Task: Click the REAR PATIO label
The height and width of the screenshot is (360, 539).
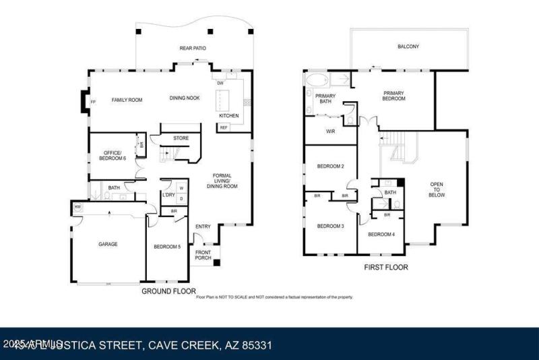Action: pyautogui.click(x=192, y=49)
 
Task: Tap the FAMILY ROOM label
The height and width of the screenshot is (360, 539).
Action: pyautogui.click(x=127, y=100)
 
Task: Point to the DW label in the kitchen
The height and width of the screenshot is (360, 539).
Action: pyautogui.click(x=220, y=83)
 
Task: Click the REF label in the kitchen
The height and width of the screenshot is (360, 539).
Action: pyautogui.click(x=224, y=127)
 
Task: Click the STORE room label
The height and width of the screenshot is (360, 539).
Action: pyautogui.click(x=181, y=138)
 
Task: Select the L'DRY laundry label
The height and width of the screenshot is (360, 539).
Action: pyautogui.click(x=168, y=195)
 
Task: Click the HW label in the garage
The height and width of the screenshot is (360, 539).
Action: pyautogui.click(x=77, y=207)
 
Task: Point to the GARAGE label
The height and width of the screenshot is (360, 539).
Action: pyautogui.click(x=108, y=244)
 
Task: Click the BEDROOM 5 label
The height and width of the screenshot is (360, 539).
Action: pyautogui.click(x=166, y=247)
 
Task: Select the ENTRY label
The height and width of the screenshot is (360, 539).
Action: pyautogui.click(x=203, y=227)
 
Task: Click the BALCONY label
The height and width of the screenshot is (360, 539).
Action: pyautogui.click(x=408, y=47)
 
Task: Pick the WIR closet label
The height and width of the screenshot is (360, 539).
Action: pyautogui.click(x=330, y=131)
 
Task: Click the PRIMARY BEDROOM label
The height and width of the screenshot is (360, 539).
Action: pyautogui.click(x=393, y=96)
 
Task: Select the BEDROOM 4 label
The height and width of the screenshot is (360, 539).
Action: pyautogui.click(x=381, y=235)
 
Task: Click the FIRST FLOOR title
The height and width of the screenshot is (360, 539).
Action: pyautogui.click(x=386, y=267)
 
